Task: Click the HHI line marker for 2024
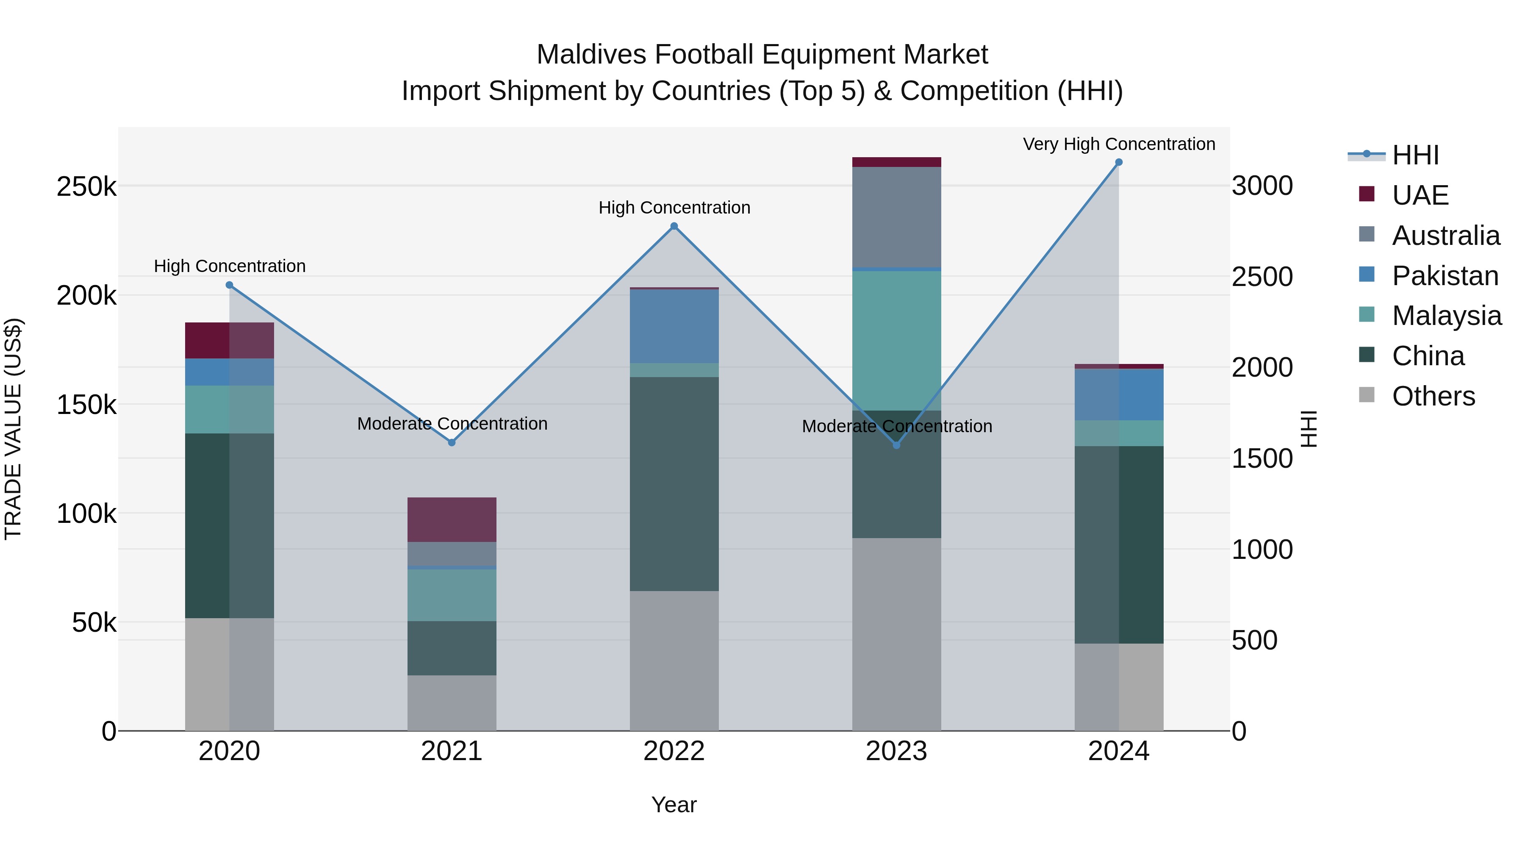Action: (x=1118, y=162)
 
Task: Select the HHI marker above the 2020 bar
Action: (x=230, y=285)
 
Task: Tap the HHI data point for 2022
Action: (x=674, y=226)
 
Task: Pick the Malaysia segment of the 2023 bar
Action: (x=896, y=341)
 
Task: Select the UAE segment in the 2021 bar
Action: (x=452, y=519)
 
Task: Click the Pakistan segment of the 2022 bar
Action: (x=674, y=326)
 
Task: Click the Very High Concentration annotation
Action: (x=1118, y=144)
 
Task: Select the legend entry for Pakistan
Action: (x=1445, y=276)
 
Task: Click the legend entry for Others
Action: (x=1433, y=396)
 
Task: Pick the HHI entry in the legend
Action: (x=1415, y=155)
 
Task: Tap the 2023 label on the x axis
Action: (x=896, y=751)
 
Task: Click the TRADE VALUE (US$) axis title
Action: (x=13, y=429)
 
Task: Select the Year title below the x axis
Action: (x=674, y=805)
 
